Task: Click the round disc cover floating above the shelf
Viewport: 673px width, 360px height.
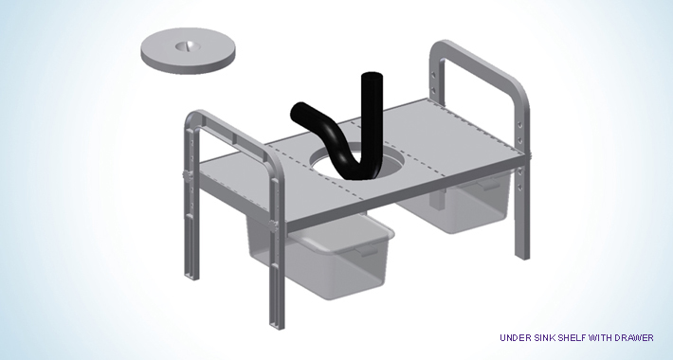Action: click(188, 50)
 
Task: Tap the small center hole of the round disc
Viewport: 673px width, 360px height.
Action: click(187, 45)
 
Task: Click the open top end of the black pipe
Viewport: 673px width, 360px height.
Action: click(372, 77)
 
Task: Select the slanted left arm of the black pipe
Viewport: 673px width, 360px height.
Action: click(316, 124)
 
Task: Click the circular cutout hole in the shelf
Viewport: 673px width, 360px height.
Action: click(343, 164)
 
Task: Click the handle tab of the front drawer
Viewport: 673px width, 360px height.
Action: click(367, 251)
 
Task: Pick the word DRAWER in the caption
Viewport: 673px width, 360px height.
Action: click(634, 337)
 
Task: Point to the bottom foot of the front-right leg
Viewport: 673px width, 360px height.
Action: click(523, 256)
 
